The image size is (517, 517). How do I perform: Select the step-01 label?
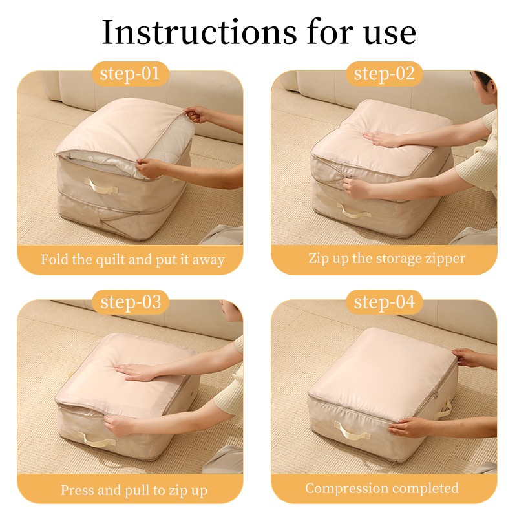[130, 74]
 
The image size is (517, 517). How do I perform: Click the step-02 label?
[384, 74]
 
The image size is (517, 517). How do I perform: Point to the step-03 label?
[130, 302]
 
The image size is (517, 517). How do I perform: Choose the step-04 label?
[384, 302]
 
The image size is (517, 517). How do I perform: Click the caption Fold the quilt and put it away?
[132, 260]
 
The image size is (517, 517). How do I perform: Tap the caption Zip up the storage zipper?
[386, 258]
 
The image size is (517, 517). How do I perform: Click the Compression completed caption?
[382, 488]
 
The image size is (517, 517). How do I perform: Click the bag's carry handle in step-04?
[353, 431]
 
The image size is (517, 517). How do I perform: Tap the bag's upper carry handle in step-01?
[104, 186]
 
